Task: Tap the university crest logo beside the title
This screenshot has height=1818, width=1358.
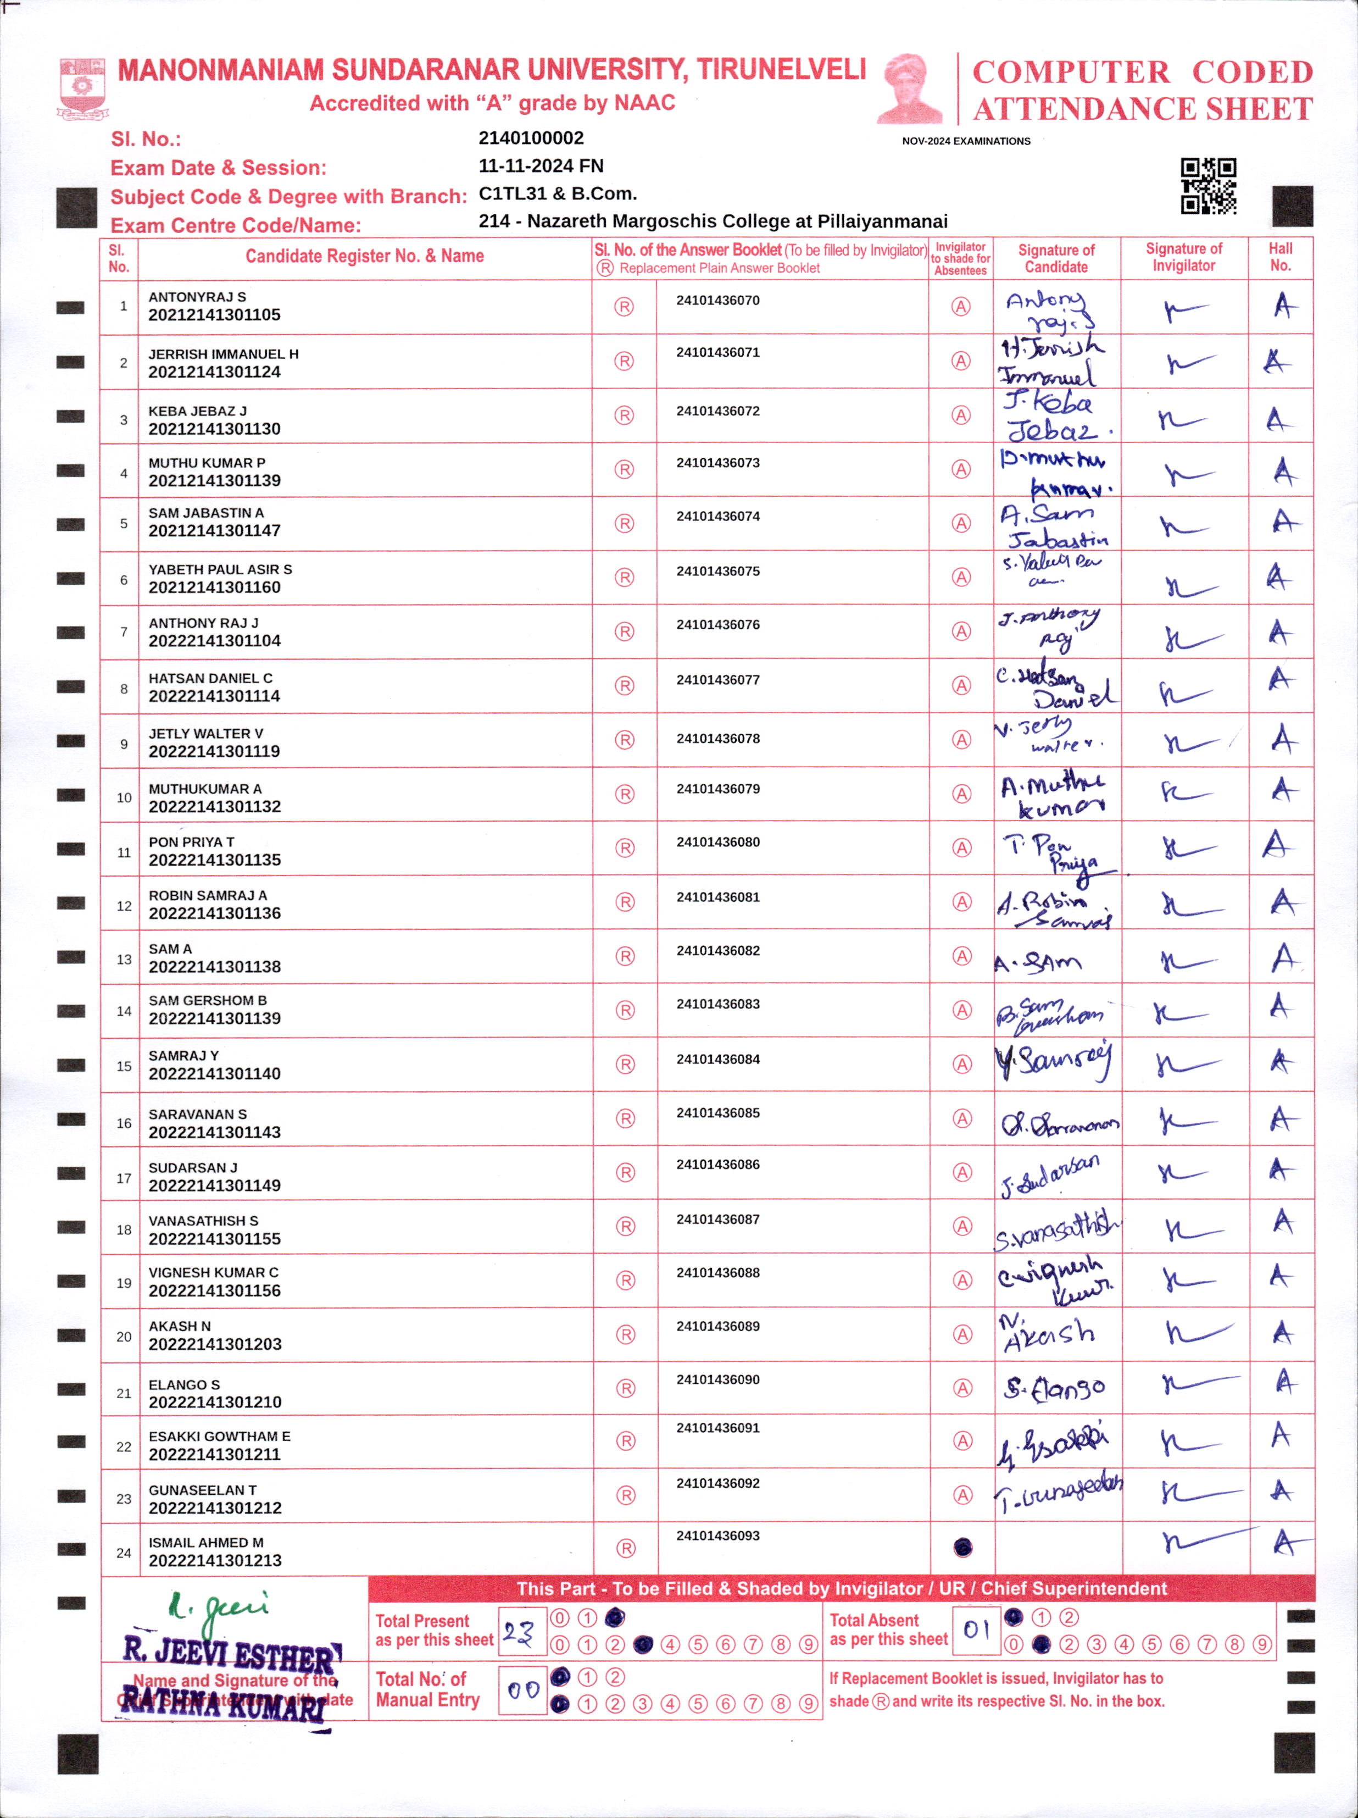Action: click(81, 88)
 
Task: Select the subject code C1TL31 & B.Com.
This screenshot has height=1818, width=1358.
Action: click(557, 194)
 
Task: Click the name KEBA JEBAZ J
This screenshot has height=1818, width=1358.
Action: click(197, 411)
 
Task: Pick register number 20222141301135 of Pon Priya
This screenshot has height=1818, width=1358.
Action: click(214, 860)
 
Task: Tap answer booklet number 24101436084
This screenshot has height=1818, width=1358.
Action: click(718, 1060)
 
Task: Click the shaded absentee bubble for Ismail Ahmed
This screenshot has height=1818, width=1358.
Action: click(963, 1548)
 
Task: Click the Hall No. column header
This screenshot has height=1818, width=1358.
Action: click(1280, 257)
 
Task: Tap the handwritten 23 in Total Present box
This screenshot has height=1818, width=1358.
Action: click(519, 1632)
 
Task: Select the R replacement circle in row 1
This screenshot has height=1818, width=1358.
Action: click(625, 307)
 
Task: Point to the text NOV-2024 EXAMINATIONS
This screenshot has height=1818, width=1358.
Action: click(966, 141)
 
